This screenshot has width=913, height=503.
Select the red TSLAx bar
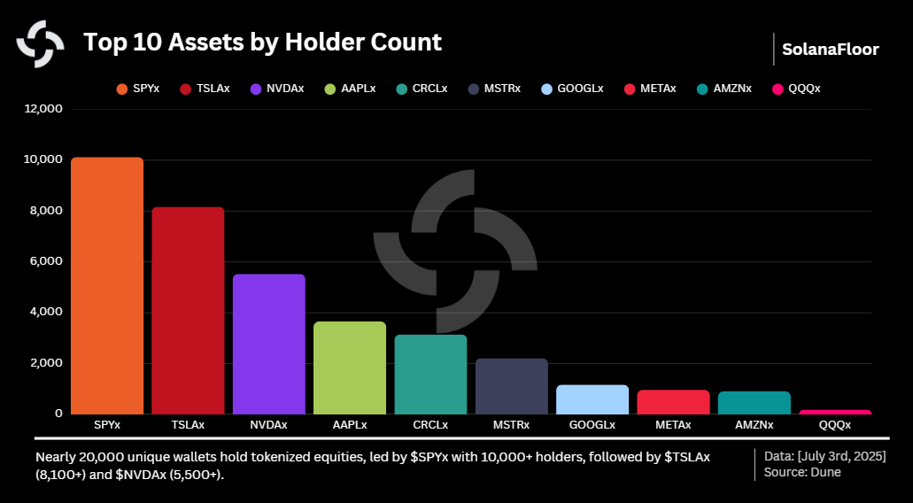pos(188,310)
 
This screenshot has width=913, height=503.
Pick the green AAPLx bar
pos(350,368)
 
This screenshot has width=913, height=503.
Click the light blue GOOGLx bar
pos(592,399)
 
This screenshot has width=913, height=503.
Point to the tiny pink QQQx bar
pos(835,412)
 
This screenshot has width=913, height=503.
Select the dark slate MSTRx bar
pos(511,386)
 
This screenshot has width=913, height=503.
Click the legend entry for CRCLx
pos(422,89)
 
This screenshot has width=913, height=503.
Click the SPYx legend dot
pos(121,89)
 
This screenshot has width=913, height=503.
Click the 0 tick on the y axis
pos(58,414)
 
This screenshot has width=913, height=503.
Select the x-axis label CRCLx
pos(430,425)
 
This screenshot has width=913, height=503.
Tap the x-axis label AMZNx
pos(754,425)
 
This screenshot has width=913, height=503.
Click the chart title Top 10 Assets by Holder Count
pos(262,42)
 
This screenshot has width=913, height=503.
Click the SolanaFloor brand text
pos(830,50)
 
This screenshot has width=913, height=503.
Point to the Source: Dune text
pos(802,472)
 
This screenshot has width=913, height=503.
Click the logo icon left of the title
pos(40,43)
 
